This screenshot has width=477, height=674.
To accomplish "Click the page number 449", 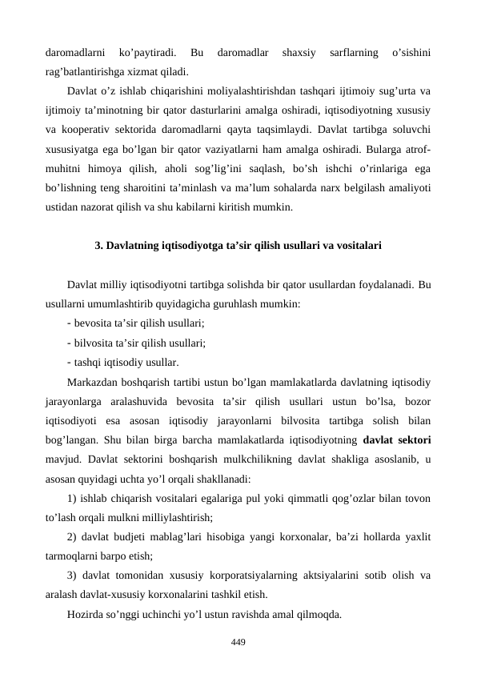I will pos(238,643).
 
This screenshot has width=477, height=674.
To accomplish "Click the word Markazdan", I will pos(93,381).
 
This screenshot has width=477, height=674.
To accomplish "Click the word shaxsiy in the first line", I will pos(294,54).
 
